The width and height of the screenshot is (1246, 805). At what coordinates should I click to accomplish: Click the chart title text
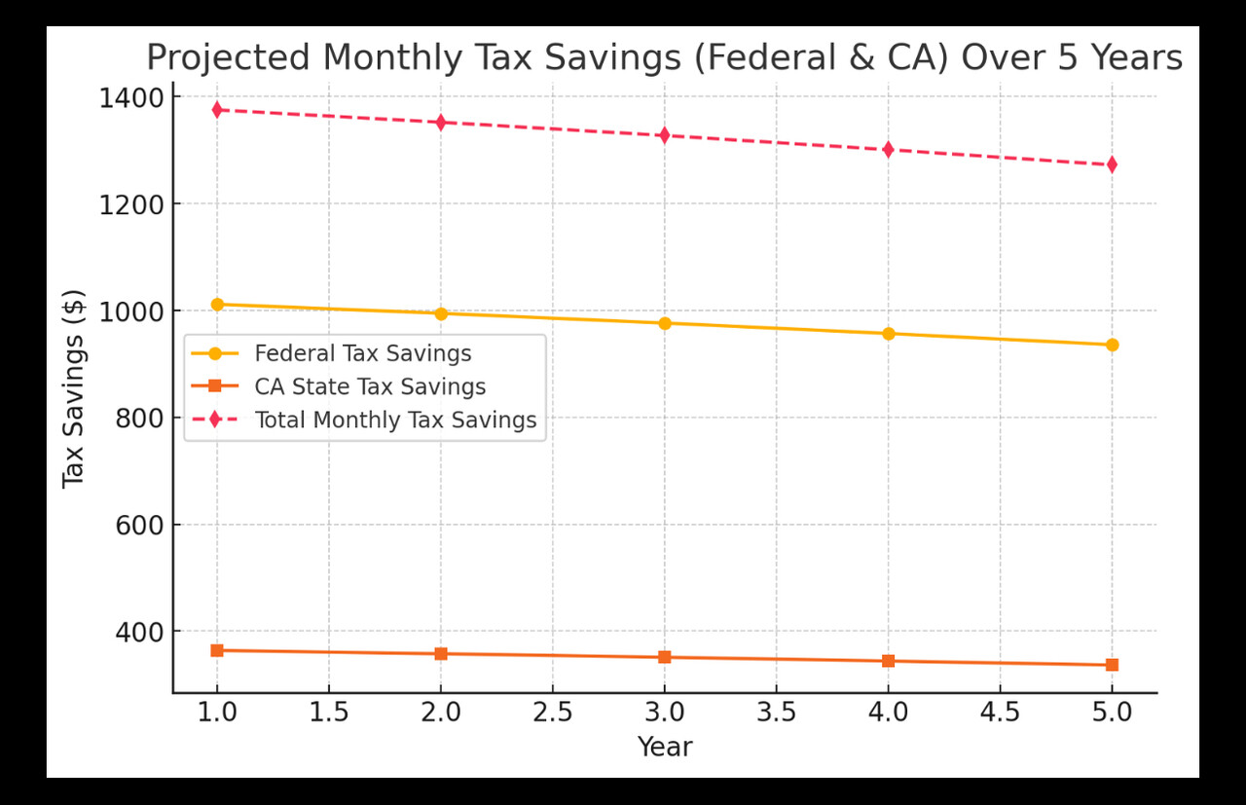tap(664, 58)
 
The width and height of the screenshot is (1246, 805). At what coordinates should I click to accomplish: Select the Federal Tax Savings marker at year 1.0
tap(217, 305)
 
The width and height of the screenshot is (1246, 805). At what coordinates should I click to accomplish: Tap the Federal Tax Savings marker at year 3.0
tap(665, 323)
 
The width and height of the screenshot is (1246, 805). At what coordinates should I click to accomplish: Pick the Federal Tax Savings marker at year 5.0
tap(1112, 345)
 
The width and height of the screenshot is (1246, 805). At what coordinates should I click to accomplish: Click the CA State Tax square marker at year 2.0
tap(441, 654)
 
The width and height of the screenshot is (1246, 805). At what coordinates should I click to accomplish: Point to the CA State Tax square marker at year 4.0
tap(889, 661)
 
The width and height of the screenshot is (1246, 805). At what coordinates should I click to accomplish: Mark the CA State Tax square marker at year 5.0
tap(1112, 665)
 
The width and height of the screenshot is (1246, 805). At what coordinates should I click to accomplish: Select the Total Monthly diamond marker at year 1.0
tap(217, 110)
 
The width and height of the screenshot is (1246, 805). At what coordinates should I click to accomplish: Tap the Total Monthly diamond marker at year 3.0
tap(665, 135)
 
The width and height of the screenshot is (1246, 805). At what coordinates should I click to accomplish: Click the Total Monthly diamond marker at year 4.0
tap(889, 150)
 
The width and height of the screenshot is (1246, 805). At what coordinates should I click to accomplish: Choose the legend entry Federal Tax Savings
tap(362, 353)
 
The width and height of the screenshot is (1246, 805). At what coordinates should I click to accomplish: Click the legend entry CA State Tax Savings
tap(370, 386)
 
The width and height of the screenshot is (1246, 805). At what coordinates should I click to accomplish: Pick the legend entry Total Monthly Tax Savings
tap(395, 421)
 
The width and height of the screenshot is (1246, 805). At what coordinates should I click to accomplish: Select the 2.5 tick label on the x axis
tap(553, 714)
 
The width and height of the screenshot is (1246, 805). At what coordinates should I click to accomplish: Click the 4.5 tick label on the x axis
tap(1000, 714)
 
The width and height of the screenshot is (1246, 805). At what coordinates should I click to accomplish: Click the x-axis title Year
tap(665, 747)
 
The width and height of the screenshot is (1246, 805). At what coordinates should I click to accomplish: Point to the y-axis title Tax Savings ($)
tap(74, 389)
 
